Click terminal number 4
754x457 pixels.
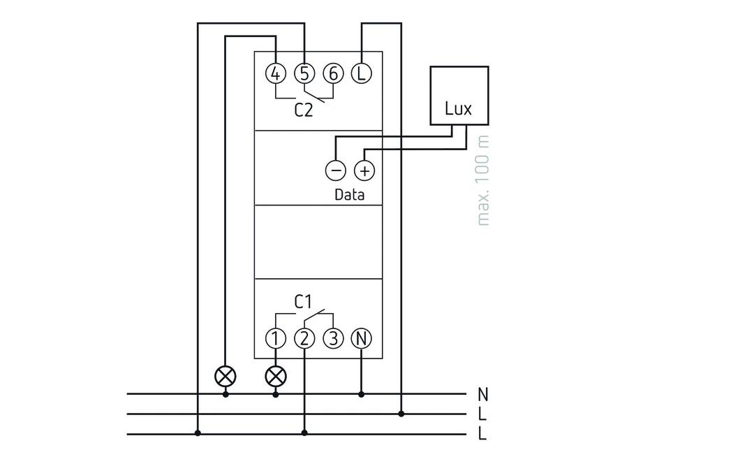[276, 73]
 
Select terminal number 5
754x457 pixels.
[304, 73]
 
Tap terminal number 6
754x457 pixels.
[333, 73]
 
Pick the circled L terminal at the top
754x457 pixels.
[361, 73]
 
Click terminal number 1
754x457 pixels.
[276, 339]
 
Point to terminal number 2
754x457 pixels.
[304, 339]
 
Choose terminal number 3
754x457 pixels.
[333, 339]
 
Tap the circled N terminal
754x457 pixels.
[361, 339]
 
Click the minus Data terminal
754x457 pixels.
[336, 170]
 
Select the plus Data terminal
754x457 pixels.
[364, 170]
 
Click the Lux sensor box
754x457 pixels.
[459, 96]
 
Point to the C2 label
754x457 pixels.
[303, 110]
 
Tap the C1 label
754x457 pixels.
[303, 302]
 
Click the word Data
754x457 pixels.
[349, 195]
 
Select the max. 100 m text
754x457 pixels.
[483, 180]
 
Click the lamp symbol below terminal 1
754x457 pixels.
[276, 376]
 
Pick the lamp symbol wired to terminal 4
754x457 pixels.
[226, 376]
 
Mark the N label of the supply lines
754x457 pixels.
[482, 394]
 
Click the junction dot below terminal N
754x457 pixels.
[361, 394]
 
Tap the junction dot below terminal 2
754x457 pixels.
[304, 433]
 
